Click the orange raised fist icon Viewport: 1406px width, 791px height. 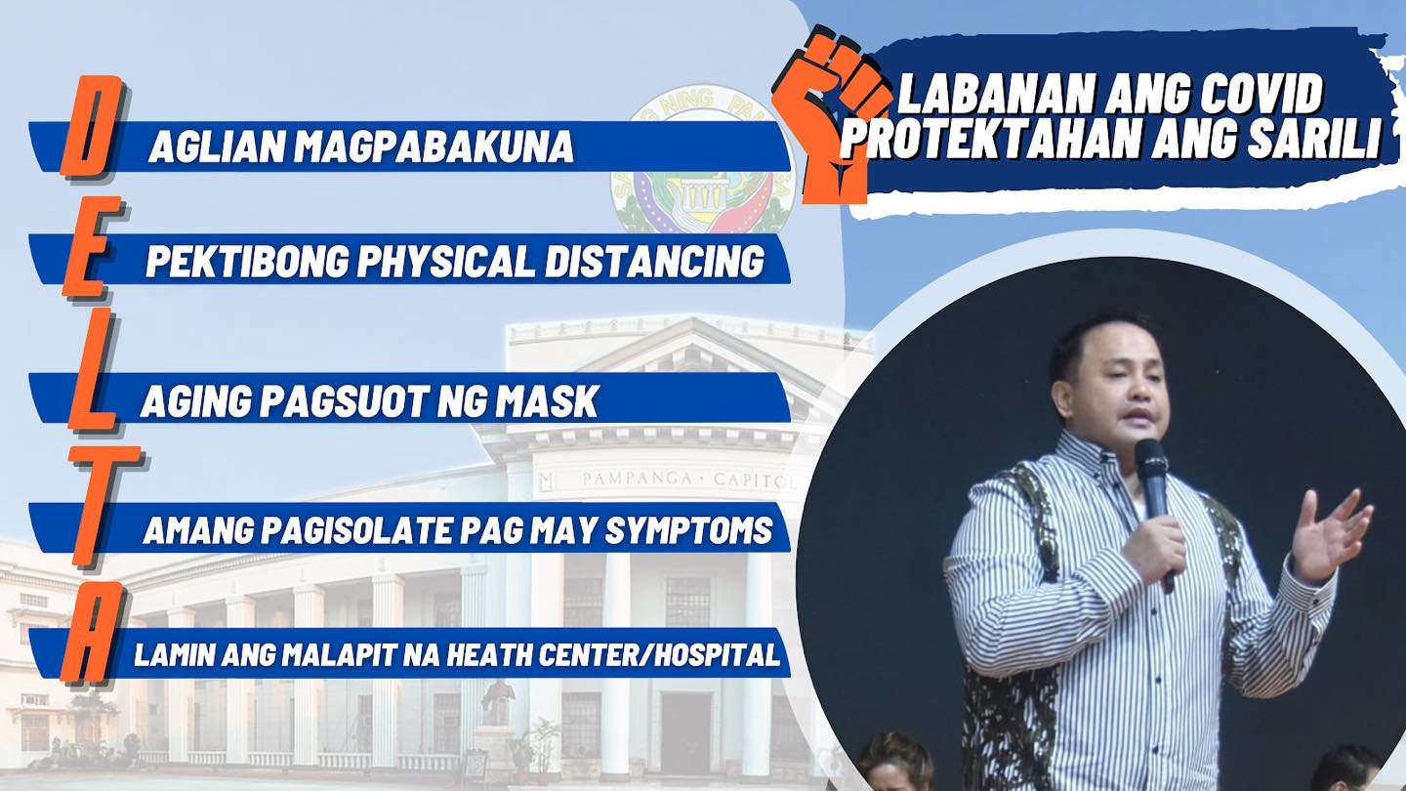pyautogui.click(x=829, y=116)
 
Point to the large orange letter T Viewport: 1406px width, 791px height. pyautogui.click(x=102, y=510)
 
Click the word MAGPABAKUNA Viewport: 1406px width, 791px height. pyautogui.click(x=434, y=146)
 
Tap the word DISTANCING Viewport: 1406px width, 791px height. pyautogui.click(x=654, y=260)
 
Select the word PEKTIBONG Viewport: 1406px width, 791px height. pyautogui.click(x=247, y=260)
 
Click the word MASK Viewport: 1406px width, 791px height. pyautogui.click(x=546, y=401)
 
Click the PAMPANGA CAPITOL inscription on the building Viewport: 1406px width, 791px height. pyautogui.click(x=687, y=480)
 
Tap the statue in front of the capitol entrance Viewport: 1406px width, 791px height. pyautogui.click(x=499, y=703)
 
